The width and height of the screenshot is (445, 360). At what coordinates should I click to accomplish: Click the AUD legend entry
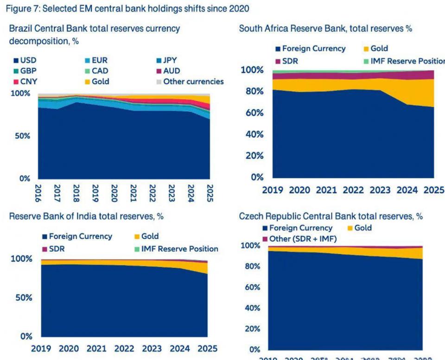[167, 71]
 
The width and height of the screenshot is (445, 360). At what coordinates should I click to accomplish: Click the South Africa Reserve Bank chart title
[325, 29]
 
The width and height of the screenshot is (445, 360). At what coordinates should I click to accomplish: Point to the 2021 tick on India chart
[96, 348]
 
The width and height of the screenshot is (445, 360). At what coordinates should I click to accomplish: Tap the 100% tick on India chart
[21, 259]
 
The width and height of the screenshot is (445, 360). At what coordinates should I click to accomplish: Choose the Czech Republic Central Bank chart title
[331, 216]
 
